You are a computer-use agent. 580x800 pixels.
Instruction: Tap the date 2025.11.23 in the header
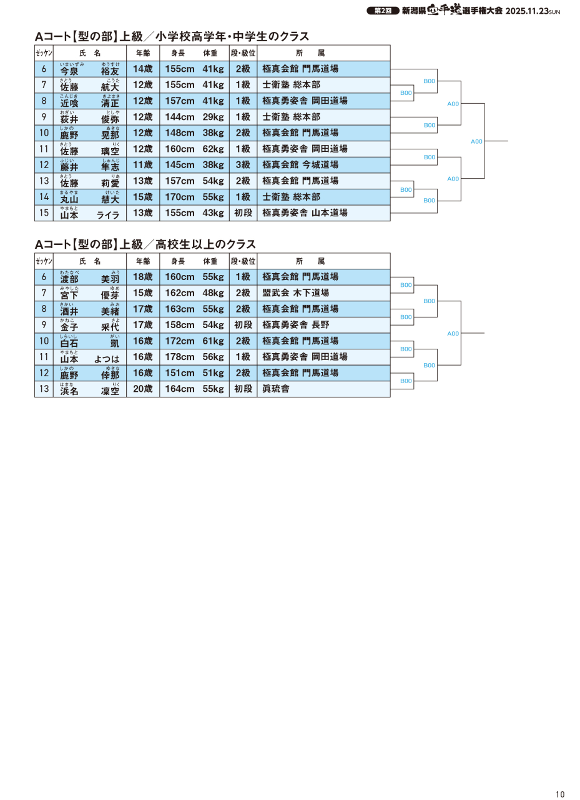tap(526, 11)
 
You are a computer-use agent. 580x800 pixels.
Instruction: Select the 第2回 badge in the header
tap(383, 11)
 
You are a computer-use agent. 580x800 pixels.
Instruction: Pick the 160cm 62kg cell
tap(194, 149)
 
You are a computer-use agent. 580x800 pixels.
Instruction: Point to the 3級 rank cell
tap(243, 165)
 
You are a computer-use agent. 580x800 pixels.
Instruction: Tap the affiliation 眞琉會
tap(276, 389)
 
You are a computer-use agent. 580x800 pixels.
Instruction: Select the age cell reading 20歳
tap(142, 389)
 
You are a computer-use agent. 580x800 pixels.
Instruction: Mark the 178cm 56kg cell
tap(194, 357)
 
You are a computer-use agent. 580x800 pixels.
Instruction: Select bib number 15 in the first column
tap(44, 213)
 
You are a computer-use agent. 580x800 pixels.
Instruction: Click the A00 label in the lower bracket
tap(453, 334)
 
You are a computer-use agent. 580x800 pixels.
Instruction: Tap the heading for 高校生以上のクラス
tap(145, 244)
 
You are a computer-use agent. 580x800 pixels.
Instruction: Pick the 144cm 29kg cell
tap(194, 117)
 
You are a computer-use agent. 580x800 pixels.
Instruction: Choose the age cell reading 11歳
tap(142, 165)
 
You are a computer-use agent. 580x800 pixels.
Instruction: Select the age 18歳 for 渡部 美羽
tap(142, 277)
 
